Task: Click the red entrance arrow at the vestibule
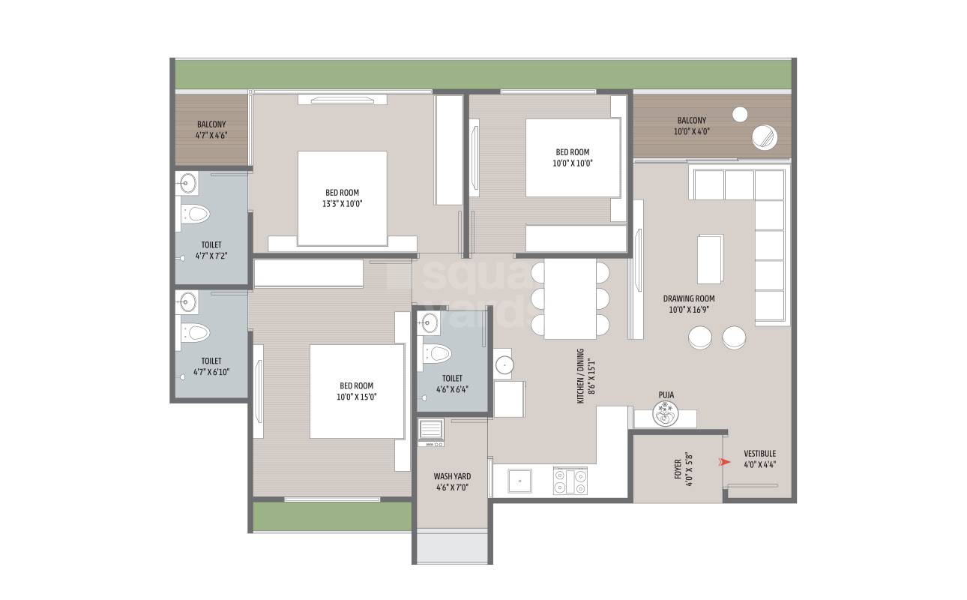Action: pos(724,463)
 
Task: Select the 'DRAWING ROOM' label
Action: pos(688,298)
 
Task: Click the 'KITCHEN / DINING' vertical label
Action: pos(581,381)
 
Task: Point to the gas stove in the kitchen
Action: pos(570,481)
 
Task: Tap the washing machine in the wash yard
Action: pos(431,433)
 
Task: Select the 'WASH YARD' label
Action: pos(452,476)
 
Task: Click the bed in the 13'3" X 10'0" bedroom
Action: pos(342,198)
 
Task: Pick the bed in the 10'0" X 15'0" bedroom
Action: pos(357,391)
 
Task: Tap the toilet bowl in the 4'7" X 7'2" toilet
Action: pos(196,214)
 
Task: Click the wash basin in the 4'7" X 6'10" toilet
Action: pos(187,303)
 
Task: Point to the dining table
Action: pos(570,298)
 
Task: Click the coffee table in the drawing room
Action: pos(711,258)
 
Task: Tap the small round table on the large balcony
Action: pos(740,114)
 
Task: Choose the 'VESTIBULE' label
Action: pos(759,454)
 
